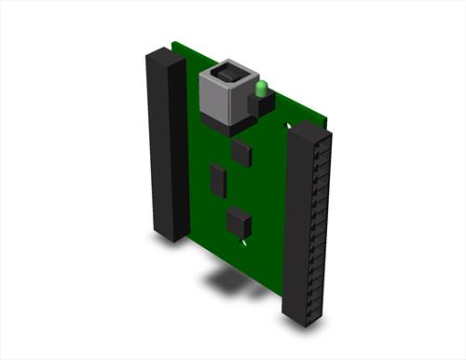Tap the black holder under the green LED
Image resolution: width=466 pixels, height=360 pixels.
[x=265, y=105]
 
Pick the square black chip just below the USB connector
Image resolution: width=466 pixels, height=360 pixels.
[x=242, y=153]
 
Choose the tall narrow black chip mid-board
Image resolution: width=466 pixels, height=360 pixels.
[x=219, y=181]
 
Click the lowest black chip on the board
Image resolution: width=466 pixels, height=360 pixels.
[x=239, y=223]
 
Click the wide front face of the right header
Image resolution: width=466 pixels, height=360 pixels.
[x=300, y=224]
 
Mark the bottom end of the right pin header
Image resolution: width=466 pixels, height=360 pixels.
[x=308, y=323]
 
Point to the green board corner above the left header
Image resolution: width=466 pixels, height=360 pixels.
[x=173, y=42]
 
